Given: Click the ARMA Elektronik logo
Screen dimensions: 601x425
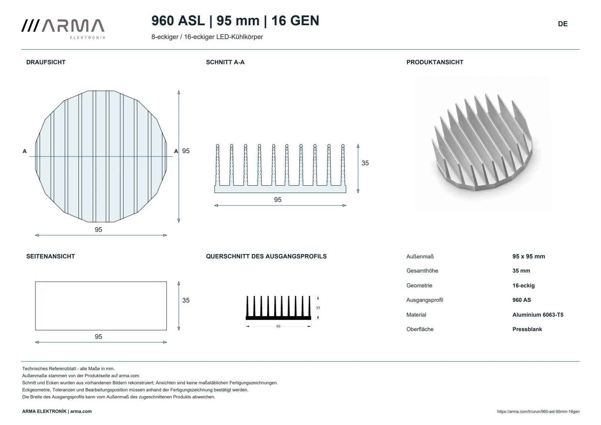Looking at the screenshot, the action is (63, 29).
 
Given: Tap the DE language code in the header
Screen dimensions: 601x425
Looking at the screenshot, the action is (563, 24).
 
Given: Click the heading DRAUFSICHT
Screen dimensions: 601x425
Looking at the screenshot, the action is (46, 62).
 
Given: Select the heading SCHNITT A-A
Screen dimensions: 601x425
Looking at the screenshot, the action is (225, 62).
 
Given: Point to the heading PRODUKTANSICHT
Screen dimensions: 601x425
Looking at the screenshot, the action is (435, 62).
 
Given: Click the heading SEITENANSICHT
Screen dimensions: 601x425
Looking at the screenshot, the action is (51, 256).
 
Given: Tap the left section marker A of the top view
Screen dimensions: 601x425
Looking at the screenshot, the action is (25, 151).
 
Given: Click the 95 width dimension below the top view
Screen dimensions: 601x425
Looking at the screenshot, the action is (98, 229).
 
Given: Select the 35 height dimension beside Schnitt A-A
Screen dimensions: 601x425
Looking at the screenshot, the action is (365, 163).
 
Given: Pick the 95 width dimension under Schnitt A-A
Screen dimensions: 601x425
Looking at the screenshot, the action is (278, 200).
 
